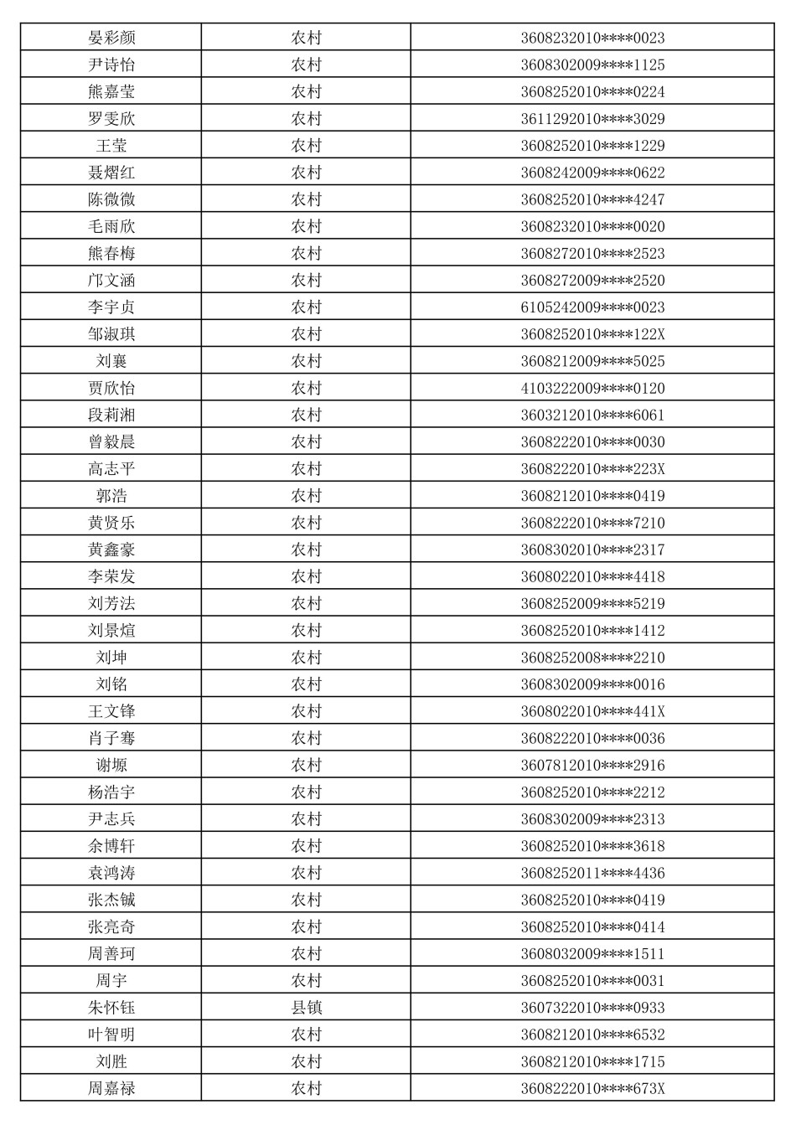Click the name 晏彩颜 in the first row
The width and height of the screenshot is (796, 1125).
(x=111, y=38)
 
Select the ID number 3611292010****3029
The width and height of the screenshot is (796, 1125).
(x=592, y=119)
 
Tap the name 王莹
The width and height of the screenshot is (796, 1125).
(x=111, y=146)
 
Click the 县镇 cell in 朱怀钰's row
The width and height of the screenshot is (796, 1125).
(x=306, y=1008)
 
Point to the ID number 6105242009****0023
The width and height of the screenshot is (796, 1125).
(x=592, y=307)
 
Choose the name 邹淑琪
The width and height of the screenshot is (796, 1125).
(x=111, y=334)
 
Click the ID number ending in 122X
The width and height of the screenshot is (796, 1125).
(x=592, y=334)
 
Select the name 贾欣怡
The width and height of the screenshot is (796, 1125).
(x=111, y=388)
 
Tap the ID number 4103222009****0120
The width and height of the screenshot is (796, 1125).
(x=592, y=388)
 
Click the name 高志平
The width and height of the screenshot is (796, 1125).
(x=111, y=469)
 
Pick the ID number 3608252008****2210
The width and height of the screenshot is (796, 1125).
(x=592, y=658)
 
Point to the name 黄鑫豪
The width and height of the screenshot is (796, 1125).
(x=111, y=550)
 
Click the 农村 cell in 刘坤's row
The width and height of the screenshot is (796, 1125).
(x=306, y=658)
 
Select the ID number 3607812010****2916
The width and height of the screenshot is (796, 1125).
(x=592, y=765)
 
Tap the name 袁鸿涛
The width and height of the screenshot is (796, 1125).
(x=111, y=873)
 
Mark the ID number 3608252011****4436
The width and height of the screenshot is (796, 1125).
(x=592, y=873)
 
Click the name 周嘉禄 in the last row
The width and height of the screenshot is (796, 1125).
(x=111, y=1088)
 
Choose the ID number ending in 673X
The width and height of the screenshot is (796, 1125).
(x=592, y=1088)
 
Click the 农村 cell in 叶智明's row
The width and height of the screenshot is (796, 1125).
(x=306, y=1035)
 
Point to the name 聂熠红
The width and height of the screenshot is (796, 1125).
(x=111, y=173)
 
